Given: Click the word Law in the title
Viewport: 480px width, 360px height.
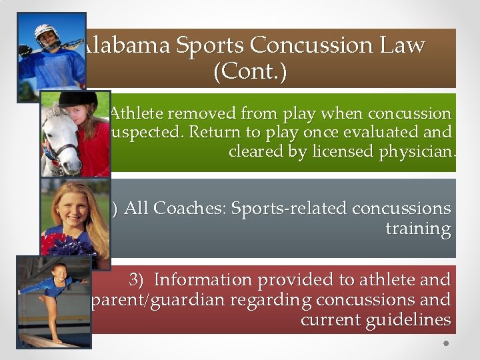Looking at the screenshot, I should (401, 45).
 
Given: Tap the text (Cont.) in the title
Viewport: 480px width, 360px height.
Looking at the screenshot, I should (250, 71).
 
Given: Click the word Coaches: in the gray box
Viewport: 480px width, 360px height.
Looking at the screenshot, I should (190, 209).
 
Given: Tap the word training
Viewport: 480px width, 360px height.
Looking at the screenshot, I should (418, 229).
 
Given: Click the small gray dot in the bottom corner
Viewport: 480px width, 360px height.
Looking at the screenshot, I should (447, 344).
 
